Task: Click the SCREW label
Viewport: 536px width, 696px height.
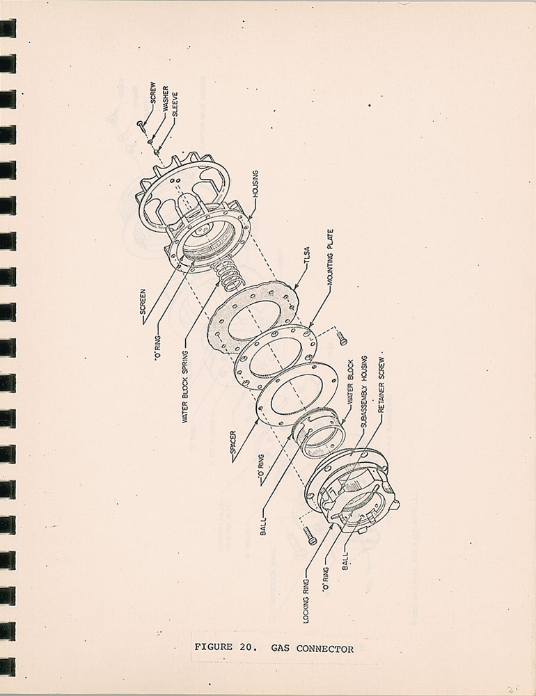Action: point(152,93)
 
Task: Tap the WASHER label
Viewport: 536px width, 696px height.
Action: point(165,99)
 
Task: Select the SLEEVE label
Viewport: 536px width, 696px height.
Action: point(175,104)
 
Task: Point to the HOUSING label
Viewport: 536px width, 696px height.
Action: point(255,184)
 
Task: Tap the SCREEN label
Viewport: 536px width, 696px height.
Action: point(143,302)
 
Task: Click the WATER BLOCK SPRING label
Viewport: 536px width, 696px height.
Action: point(185,386)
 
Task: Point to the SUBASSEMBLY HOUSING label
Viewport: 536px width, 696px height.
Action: point(364,391)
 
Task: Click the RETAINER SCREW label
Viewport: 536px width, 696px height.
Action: point(381,386)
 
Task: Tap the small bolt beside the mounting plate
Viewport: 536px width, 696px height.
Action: point(342,338)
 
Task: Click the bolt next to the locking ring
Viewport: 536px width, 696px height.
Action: point(310,535)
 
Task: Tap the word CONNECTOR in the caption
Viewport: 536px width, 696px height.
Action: point(325,649)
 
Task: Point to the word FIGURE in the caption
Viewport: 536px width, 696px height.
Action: point(213,647)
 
